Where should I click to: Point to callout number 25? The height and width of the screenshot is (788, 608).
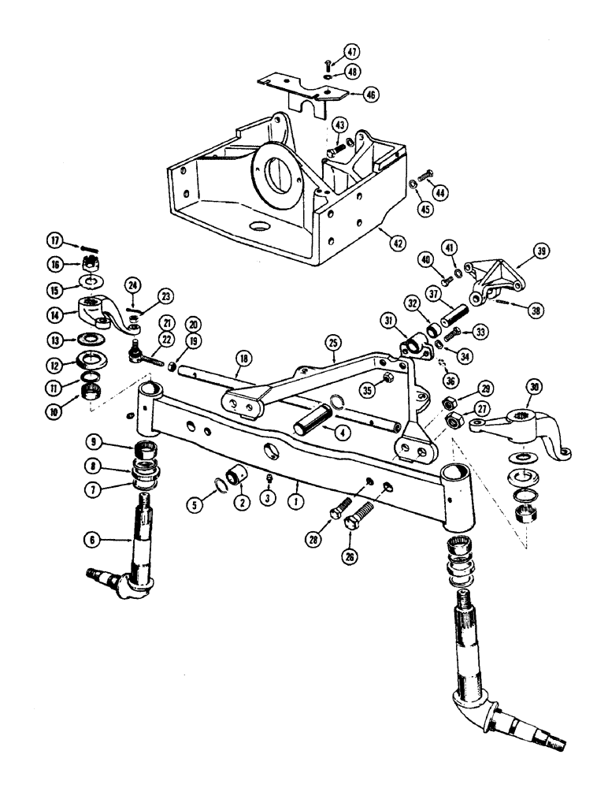[333, 343]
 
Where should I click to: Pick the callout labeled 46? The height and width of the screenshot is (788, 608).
[369, 94]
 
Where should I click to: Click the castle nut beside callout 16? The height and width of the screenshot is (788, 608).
[90, 262]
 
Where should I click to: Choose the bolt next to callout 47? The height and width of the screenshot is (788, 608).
[326, 62]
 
